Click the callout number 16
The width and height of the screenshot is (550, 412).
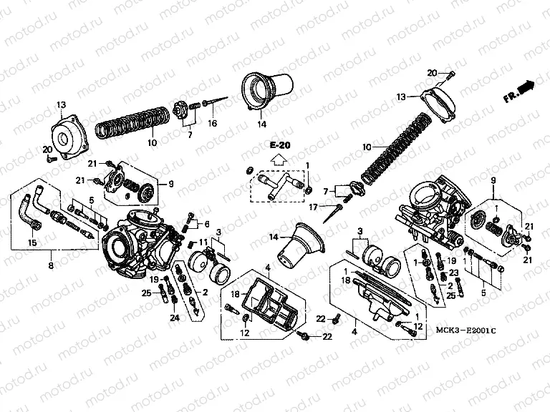click(212, 124)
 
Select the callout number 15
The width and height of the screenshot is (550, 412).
click(32, 243)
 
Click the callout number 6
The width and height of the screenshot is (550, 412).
click(206, 224)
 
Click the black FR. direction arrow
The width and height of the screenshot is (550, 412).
click(528, 87)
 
